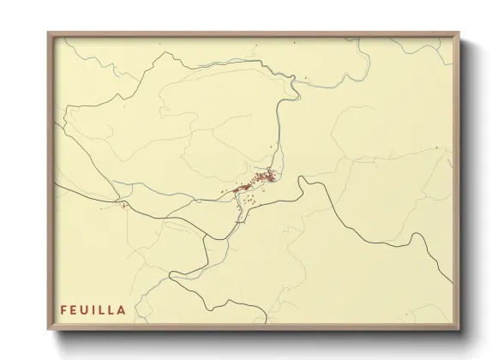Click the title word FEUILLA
coord(93,309)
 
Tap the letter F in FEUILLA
coord(63,309)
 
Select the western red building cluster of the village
coord(241,187)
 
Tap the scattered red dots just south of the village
coord(249,201)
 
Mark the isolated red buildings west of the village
coord(125,205)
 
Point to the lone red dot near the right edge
coord(436,147)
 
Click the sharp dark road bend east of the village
coord(300,181)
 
